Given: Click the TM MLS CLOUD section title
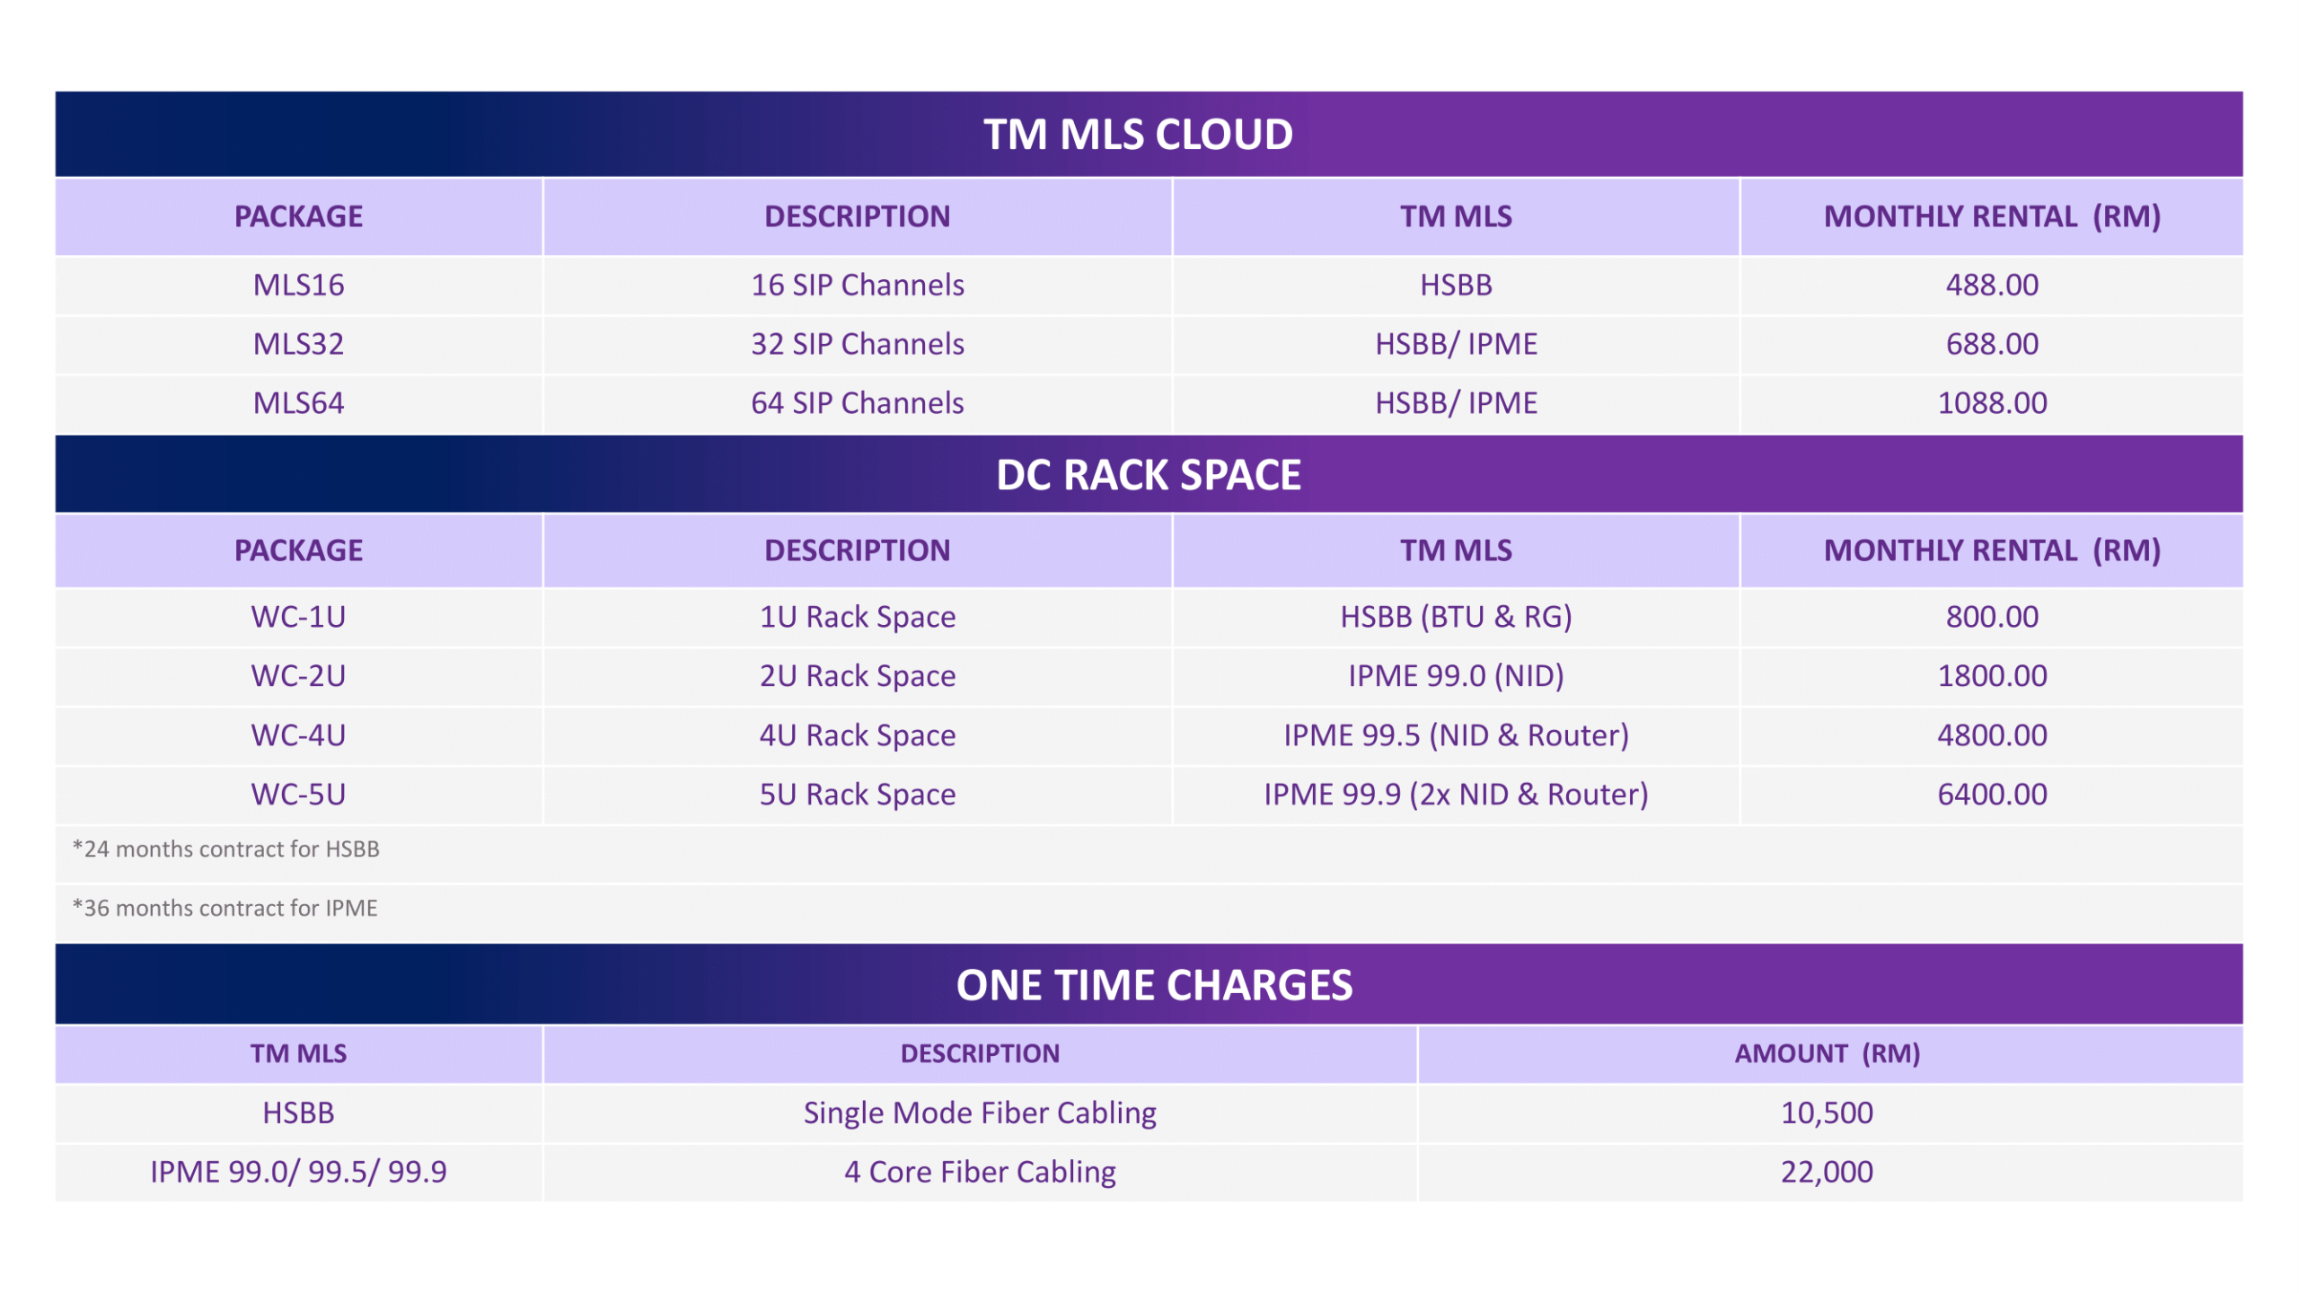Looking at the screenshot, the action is click(x=1138, y=135).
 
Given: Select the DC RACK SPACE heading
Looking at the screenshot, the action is click(x=1149, y=475).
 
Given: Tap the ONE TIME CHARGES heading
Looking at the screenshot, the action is click(x=1154, y=985).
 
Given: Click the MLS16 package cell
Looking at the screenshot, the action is click(x=298, y=285).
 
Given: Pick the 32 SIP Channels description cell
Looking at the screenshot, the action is click(x=858, y=344).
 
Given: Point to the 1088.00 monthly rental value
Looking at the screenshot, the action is click(x=1992, y=403).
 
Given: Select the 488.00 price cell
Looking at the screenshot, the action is click(x=1992, y=285).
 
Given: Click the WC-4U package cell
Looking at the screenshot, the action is click(x=298, y=735).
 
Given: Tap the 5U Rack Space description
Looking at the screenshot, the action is click(x=858, y=795).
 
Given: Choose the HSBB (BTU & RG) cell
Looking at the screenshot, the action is click(x=1456, y=617).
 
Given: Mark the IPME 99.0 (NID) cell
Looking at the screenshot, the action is click(x=1456, y=676).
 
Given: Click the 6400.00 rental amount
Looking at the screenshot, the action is click(x=1992, y=795).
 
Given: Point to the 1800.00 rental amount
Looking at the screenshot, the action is click(x=1992, y=676).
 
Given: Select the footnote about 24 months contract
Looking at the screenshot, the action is click(x=226, y=849).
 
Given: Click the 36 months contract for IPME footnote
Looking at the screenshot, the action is click(x=225, y=908).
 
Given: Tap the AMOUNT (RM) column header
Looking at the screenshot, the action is click(x=1827, y=1053).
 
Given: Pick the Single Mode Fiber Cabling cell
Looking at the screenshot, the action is click(x=980, y=1113).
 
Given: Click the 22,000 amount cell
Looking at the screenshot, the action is click(x=1827, y=1172).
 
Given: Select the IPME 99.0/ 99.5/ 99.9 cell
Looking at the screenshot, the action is click(x=298, y=1172).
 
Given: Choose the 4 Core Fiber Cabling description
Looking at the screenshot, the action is click(x=980, y=1172).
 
